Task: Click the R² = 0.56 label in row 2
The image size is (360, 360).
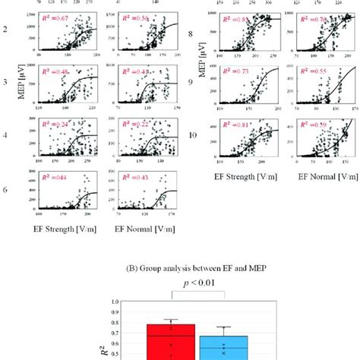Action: (x=128, y=17)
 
